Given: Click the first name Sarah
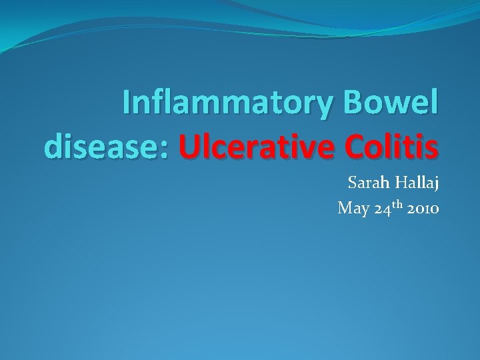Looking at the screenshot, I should pos(369,183).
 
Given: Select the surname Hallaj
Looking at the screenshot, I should pos(417,184).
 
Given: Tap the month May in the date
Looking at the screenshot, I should pos(353,209).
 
